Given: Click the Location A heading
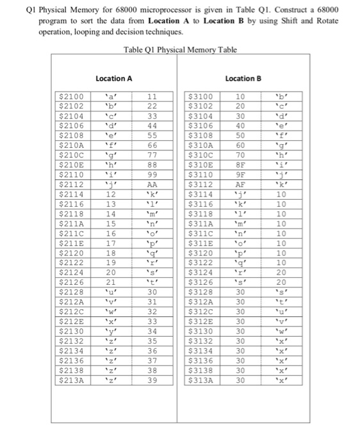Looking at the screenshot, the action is tap(113, 78).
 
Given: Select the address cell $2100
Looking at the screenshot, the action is tap(70, 97).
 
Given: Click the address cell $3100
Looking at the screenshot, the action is tap(202, 97).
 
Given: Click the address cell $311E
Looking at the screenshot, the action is tap(202, 244).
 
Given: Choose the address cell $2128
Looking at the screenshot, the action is tap(70, 292).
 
